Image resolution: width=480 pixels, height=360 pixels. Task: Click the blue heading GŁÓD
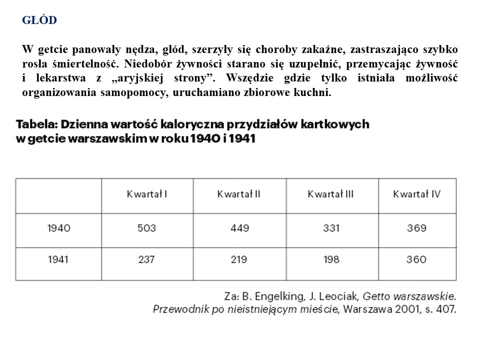point(39,20)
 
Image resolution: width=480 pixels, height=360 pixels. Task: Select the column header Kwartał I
point(146,194)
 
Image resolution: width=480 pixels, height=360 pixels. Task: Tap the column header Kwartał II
point(238,194)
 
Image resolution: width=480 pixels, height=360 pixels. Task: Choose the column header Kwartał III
point(330,194)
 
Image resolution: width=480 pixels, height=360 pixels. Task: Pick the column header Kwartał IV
point(416,194)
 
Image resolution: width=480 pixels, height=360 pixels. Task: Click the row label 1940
point(58,228)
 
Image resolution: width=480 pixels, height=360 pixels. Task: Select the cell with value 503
point(146,228)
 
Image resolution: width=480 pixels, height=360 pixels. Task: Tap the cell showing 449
point(238,228)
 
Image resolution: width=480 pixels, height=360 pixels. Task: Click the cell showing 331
point(330,228)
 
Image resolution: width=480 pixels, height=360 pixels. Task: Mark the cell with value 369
point(416,228)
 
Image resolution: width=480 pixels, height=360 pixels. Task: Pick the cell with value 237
point(146,259)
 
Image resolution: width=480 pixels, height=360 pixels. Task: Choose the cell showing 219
point(238,259)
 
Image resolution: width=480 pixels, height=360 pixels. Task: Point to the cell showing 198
point(330,259)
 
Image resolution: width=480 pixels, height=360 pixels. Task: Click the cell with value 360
point(416,259)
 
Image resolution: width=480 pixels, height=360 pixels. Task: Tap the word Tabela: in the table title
point(36,123)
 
